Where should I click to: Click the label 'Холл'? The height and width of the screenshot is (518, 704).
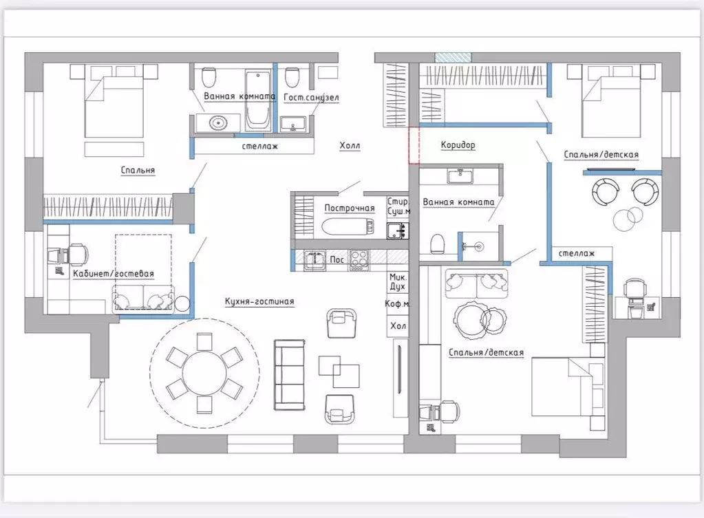(x=350, y=145)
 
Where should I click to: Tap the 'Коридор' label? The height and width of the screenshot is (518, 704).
(x=458, y=144)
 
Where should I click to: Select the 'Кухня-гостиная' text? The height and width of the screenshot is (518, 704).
(x=259, y=301)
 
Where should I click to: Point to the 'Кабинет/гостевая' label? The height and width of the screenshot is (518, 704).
(x=114, y=273)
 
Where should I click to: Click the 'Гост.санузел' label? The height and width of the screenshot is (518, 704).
(x=311, y=97)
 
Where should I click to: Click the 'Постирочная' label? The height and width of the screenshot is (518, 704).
(x=350, y=208)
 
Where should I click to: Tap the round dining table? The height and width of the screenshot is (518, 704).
(x=204, y=373)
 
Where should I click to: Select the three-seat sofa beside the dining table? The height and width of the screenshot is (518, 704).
(x=290, y=375)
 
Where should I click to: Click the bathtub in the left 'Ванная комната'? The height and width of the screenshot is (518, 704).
(x=258, y=99)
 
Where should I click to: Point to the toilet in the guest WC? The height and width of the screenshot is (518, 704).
(x=292, y=78)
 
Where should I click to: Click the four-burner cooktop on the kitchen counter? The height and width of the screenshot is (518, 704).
(x=359, y=260)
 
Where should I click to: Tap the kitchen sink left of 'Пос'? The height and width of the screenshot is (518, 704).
(x=314, y=260)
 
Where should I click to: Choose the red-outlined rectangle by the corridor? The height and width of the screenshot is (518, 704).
(x=414, y=145)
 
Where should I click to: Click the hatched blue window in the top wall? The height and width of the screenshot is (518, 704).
(x=453, y=58)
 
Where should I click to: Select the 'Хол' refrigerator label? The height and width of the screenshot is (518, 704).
(x=398, y=326)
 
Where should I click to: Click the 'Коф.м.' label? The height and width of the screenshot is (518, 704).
(x=397, y=304)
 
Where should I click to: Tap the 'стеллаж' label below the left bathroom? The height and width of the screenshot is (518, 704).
(x=260, y=146)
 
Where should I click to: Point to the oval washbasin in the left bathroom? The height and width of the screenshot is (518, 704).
(x=218, y=122)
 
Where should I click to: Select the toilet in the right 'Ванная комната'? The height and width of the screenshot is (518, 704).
(x=437, y=244)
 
